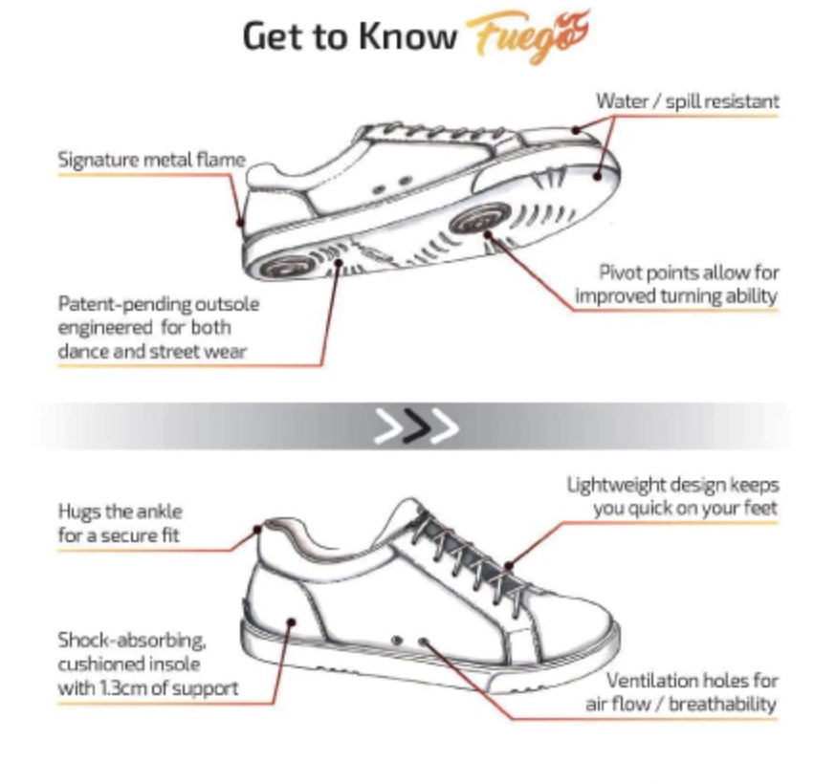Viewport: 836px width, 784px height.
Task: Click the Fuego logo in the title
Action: click(x=528, y=35)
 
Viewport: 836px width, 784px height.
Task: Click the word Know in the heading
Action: click(x=407, y=35)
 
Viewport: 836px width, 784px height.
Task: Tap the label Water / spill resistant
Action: click(x=687, y=101)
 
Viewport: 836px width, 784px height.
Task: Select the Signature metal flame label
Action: click(x=151, y=160)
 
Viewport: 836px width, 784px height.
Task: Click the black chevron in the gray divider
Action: click(x=416, y=425)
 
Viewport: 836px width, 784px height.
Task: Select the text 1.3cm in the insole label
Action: click(x=122, y=688)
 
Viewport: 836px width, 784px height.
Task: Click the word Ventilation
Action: click(x=651, y=681)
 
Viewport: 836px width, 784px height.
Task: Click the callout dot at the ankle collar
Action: click(x=257, y=530)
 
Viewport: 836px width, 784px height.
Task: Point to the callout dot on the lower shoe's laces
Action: click(x=509, y=566)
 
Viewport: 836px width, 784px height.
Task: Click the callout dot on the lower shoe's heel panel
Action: click(x=291, y=622)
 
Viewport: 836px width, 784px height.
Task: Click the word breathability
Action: click(x=722, y=705)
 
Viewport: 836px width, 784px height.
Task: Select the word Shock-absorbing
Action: click(x=132, y=640)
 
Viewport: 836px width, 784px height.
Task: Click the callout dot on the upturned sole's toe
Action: click(x=598, y=175)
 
